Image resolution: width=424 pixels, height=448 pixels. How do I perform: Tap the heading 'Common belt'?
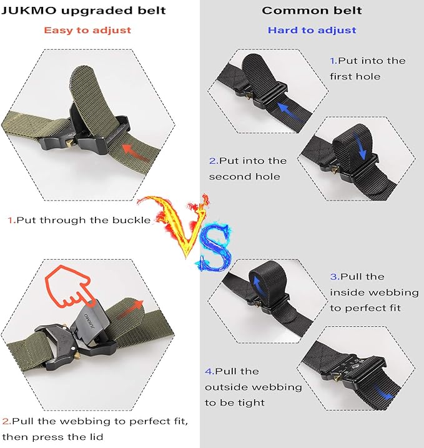[x=312, y=11]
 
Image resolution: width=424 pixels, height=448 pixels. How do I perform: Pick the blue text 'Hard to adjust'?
[x=312, y=30]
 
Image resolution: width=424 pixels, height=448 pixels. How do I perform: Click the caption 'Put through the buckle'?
[x=79, y=220]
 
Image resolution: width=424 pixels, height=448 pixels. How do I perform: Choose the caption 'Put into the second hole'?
[x=248, y=169]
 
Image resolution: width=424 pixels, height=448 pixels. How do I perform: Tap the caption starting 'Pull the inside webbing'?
[x=366, y=292]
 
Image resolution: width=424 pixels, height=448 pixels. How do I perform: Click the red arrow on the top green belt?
[x=136, y=151]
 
